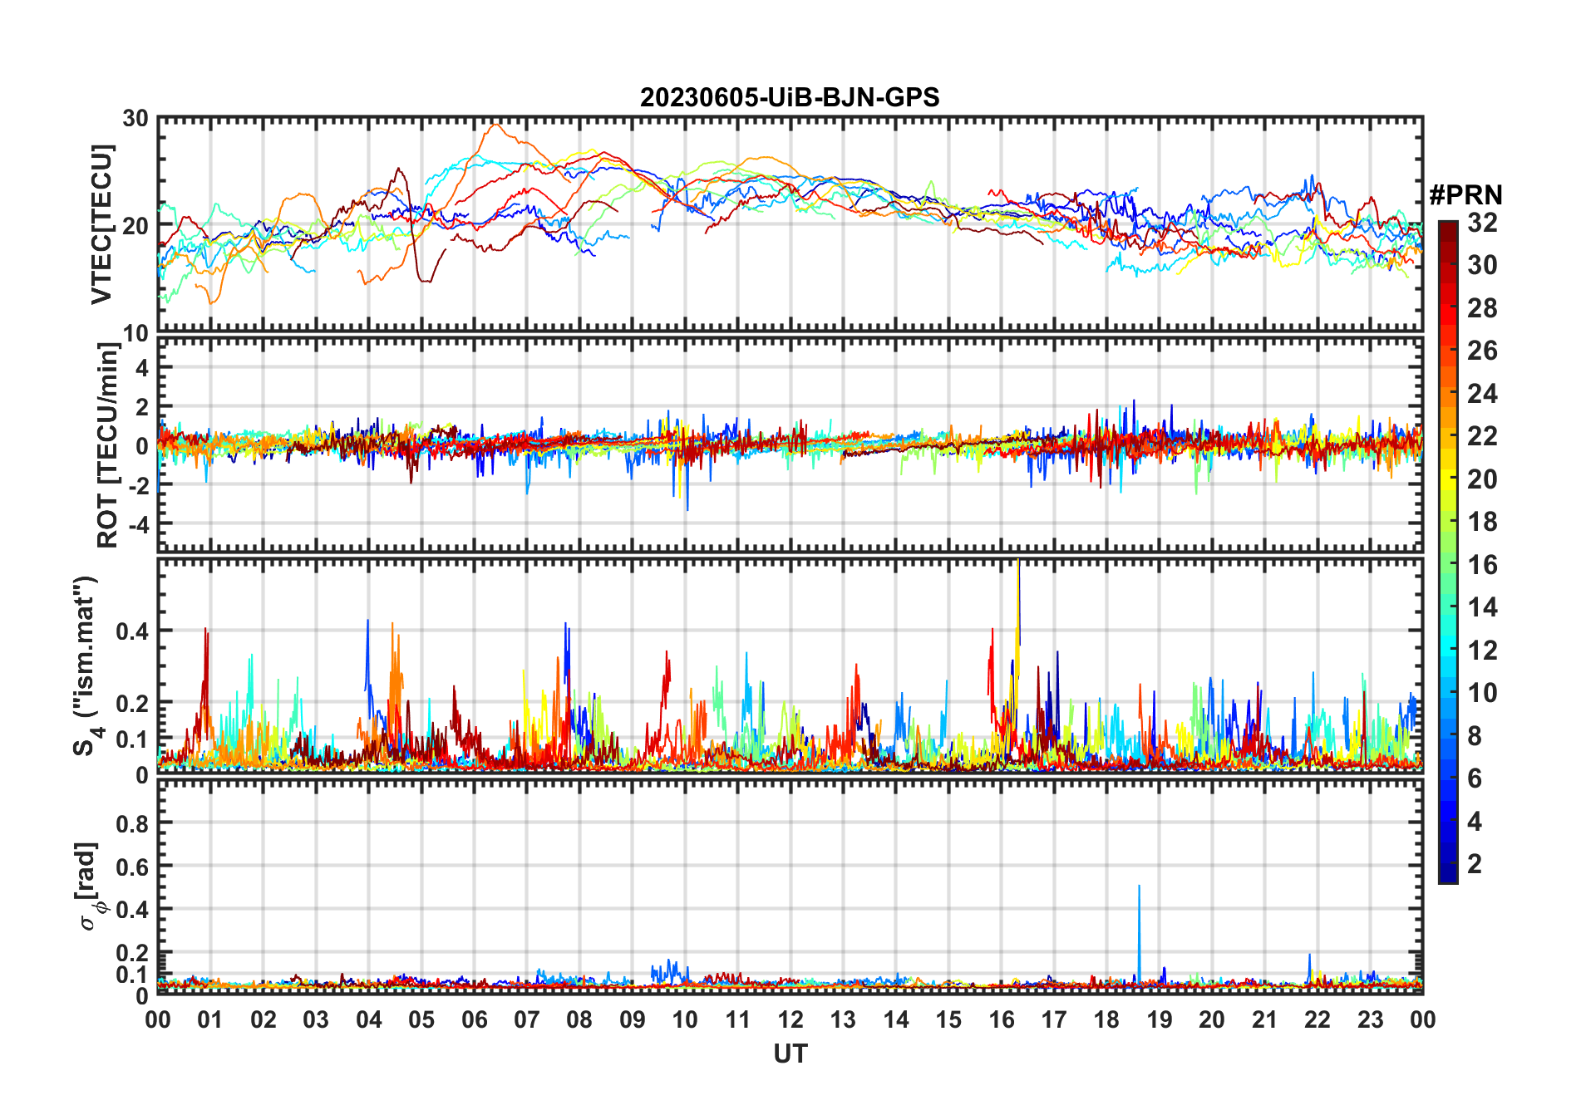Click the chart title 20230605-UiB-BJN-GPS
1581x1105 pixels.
(x=790, y=98)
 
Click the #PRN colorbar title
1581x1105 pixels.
(x=1465, y=195)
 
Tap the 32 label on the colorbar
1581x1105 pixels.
(x=1481, y=223)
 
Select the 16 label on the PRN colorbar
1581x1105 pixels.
(x=1481, y=565)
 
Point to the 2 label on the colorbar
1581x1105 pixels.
(x=1475, y=864)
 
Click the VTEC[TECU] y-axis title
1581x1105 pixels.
(x=101, y=224)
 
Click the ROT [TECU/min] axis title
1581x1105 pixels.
(x=108, y=444)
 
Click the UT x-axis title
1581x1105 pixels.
(x=790, y=1053)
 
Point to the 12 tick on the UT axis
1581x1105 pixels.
(x=790, y=1019)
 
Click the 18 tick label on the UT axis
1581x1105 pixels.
(x=1106, y=1019)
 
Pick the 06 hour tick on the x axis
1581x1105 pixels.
(x=474, y=1019)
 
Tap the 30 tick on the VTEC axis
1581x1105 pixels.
(x=135, y=119)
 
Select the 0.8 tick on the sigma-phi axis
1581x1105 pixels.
(x=133, y=823)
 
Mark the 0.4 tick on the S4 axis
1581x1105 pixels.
(x=133, y=631)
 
